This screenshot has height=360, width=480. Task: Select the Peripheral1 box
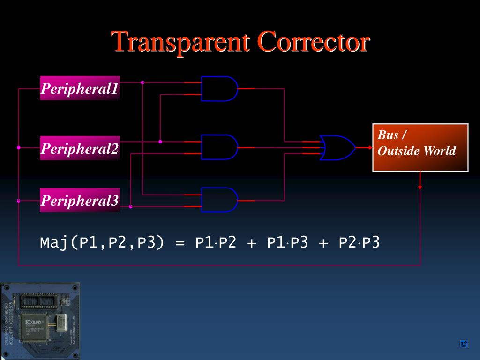point(80,88)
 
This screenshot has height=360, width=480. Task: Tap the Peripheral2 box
point(80,148)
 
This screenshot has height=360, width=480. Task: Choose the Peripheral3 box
point(80,200)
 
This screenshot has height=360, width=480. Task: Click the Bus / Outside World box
point(420,147)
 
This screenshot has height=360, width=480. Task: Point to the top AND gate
point(218,89)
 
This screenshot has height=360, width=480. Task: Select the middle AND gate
point(218,147)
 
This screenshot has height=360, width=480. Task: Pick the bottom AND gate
point(218,200)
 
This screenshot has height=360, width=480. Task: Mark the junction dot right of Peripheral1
point(142,82)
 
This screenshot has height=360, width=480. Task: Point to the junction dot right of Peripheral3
point(131,206)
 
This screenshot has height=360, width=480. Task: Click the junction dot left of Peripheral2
point(19,147)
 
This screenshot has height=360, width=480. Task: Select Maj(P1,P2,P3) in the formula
point(102,243)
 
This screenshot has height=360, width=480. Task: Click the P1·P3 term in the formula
point(287,243)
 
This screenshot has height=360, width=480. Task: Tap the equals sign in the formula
point(180,243)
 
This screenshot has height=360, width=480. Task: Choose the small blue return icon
point(464,345)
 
